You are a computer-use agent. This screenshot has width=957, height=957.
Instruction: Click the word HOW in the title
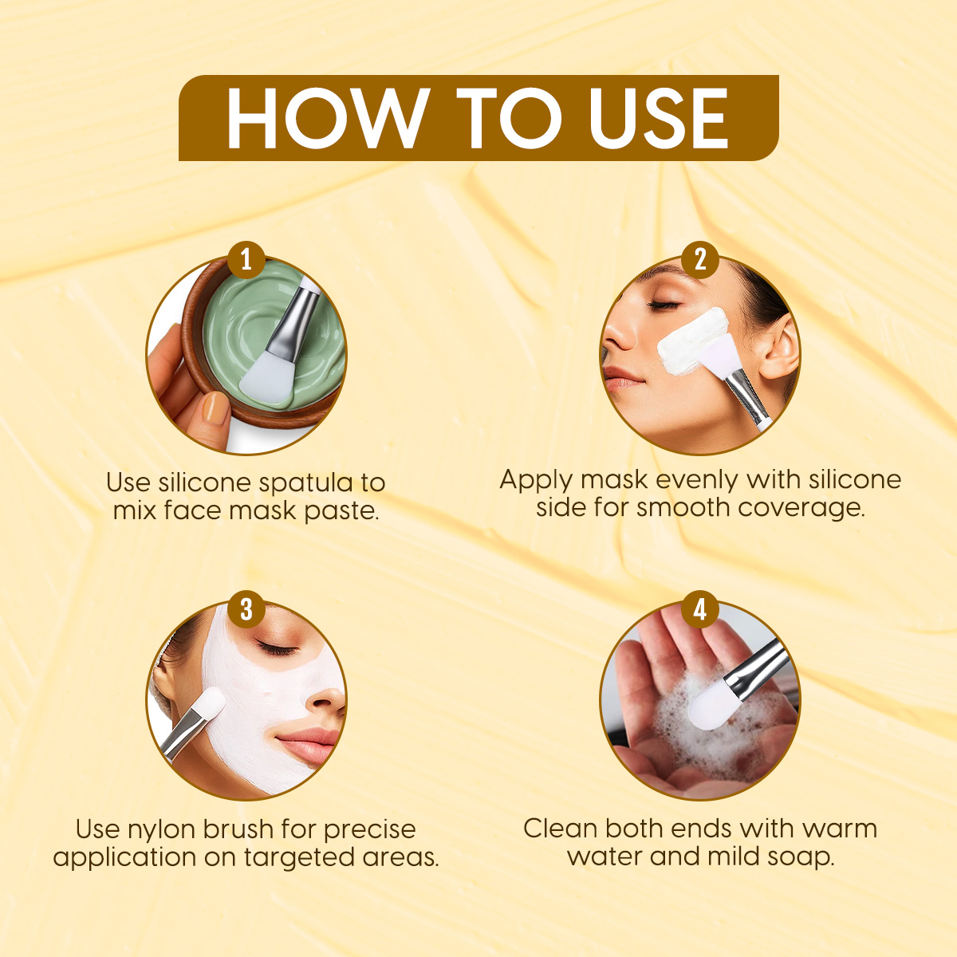click(x=321, y=118)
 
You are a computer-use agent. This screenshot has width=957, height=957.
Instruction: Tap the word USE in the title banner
click(x=657, y=118)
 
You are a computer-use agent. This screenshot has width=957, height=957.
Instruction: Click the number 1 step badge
click(x=246, y=260)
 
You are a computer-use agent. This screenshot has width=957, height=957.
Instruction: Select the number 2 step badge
click(x=699, y=260)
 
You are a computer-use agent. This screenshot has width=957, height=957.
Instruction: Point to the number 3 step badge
click(x=246, y=608)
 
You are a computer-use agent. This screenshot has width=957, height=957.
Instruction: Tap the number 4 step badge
click(x=699, y=608)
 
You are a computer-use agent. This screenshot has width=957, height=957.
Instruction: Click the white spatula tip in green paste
click(x=266, y=376)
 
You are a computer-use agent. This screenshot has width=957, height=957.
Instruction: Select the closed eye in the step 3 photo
click(x=277, y=647)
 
